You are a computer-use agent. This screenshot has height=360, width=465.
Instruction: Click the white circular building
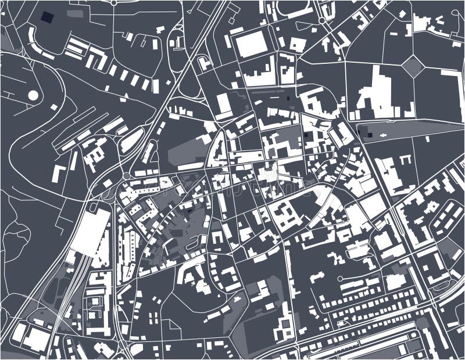pos(33,95)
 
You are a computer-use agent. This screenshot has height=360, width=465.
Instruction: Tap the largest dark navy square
pos(46,16)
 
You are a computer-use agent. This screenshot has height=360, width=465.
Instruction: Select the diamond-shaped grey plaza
pos(413,66)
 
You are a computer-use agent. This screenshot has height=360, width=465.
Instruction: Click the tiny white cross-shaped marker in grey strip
pos(384,135)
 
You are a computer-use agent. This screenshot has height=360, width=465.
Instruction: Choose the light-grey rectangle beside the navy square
pos(74,13)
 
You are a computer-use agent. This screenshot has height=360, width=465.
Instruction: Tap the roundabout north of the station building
pos(126,175)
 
